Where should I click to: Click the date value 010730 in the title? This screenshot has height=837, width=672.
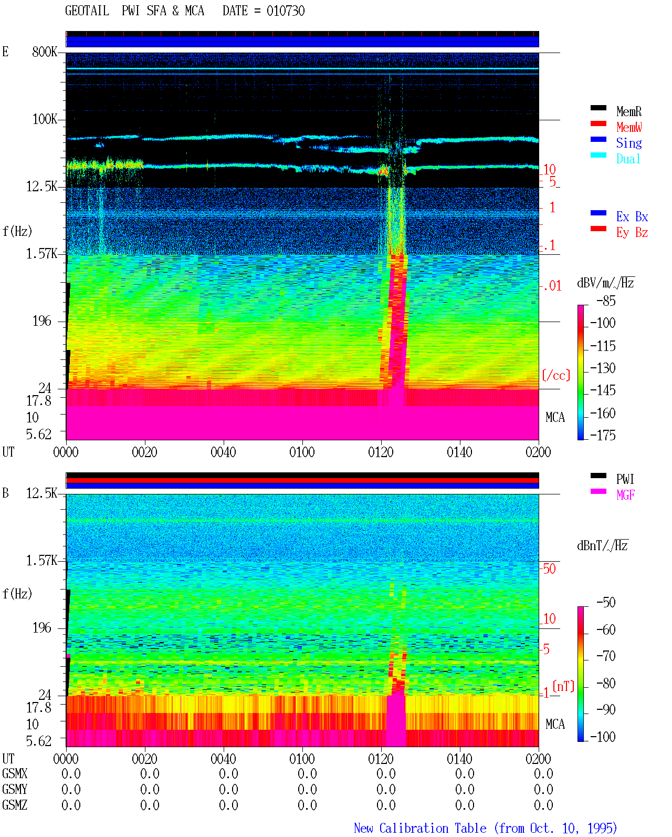[x=286, y=11]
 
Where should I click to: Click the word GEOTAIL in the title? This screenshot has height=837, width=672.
[x=87, y=11]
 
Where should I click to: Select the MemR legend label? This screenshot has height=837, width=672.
[x=628, y=111]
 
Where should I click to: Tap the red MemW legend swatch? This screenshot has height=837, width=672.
[x=598, y=123]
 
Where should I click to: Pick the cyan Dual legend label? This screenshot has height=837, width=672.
[x=628, y=159]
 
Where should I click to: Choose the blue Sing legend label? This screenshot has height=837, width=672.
[x=628, y=143]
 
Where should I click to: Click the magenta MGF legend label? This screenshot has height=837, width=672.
[x=625, y=495]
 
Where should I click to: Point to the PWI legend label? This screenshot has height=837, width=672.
[x=625, y=479]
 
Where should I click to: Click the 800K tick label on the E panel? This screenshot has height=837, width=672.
[x=45, y=51]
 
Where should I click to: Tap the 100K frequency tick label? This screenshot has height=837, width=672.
[x=45, y=119]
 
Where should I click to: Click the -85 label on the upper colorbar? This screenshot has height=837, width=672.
[x=606, y=301]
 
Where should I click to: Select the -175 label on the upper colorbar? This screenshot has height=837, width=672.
[x=603, y=435]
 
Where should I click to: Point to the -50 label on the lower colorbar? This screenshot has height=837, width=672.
[x=606, y=603]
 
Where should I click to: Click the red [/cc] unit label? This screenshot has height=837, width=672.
[x=556, y=375]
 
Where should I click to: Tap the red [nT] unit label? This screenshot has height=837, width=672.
[x=563, y=686]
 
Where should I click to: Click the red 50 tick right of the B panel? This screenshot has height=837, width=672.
[x=549, y=569]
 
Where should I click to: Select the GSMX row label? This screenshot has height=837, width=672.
[x=15, y=774]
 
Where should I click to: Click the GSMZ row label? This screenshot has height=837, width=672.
[x=15, y=805]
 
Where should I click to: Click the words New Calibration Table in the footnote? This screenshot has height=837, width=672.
[x=420, y=829]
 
